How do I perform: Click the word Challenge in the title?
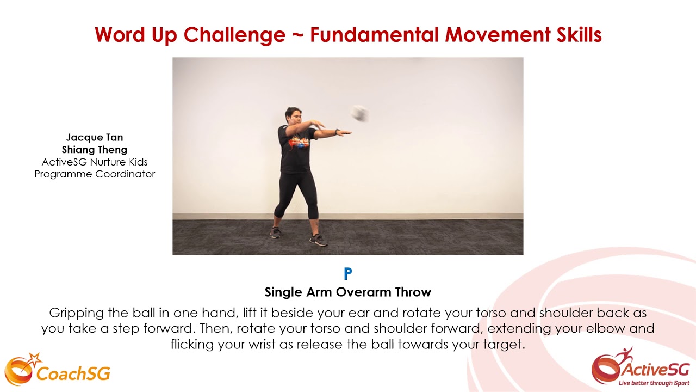click(234, 35)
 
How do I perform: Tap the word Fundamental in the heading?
click(375, 35)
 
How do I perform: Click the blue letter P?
click(348, 273)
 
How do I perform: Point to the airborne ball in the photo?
click(359, 113)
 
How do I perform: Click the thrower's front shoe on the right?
click(318, 240)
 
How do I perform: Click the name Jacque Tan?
click(95, 137)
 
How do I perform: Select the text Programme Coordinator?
click(95, 174)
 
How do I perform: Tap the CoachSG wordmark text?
click(73, 373)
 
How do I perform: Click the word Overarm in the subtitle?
click(363, 292)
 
